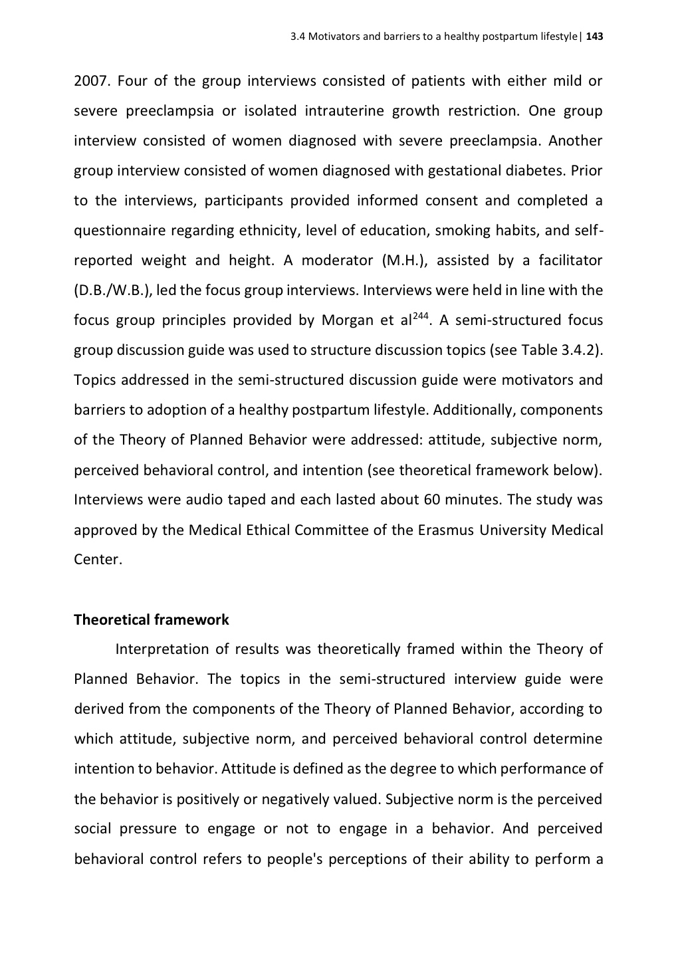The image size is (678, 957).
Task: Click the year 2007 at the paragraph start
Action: (x=90, y=81)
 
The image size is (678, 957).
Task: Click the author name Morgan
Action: (x=346, y=320)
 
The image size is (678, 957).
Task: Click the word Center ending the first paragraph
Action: (x=97, y=560)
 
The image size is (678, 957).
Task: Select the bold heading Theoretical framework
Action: (x=151, y=620)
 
